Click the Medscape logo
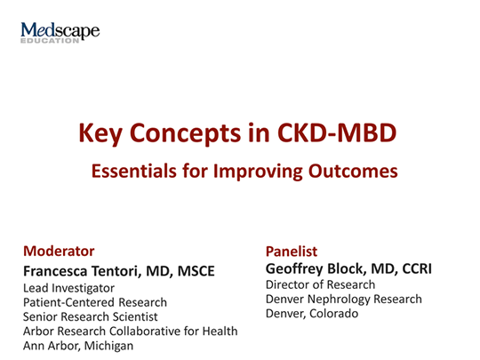coord(60,33)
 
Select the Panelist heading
coord(292,251)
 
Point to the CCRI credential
coord(412,268)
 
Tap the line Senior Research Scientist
coord(91,316)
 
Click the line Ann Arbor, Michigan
coord(77,345)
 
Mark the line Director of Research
coord(320,284)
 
